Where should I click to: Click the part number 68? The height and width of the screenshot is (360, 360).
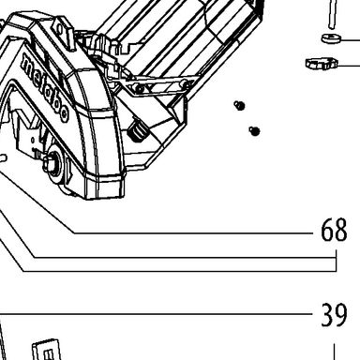point(334,230)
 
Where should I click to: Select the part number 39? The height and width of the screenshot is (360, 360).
point(334,314)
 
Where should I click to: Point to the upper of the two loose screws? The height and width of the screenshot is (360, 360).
point(239,106)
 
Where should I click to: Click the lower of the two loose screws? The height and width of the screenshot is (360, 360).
point(255,131)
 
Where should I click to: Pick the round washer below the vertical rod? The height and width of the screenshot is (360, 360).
point(331,38)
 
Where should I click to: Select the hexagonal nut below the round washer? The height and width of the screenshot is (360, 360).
point(322,64)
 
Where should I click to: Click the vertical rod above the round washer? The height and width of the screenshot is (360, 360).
point(332,14)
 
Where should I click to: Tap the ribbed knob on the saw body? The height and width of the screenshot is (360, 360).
point(138,131)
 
